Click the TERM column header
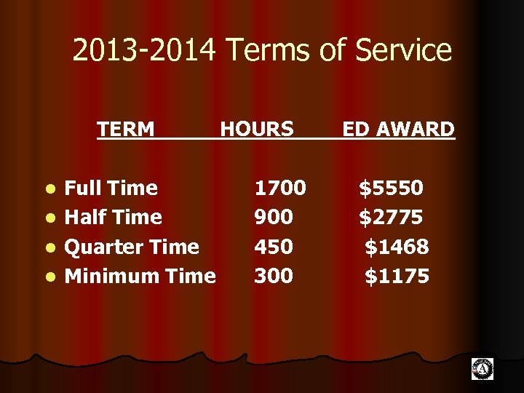pos(126,130)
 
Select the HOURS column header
pos(257,130)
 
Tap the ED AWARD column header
pos(398,130)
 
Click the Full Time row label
pos(111,188)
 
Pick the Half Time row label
pos(114,217)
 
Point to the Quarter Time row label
pos(132,247)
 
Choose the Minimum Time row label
pos(140,276)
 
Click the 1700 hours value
pos(279,188)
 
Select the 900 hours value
pos(274,217)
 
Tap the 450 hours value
pos(274,247)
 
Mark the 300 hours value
pos(274,276)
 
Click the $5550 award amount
pos(391,188)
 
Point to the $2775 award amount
pos(391,217)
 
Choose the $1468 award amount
pos(397,247)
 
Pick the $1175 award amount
pos(397,276)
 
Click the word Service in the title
pos(407,51)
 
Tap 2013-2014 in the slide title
pos(145,51)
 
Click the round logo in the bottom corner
pos(482,369)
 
